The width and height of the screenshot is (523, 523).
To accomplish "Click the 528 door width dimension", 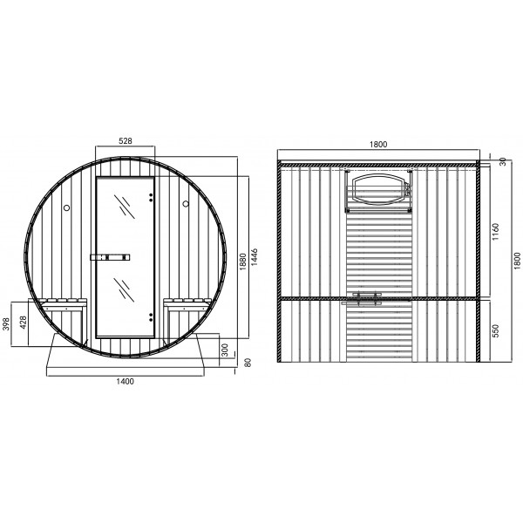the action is [x=126, y=141].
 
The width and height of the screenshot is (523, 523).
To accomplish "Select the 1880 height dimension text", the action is [x=243, y=261].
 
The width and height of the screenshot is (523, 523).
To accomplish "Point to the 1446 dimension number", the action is [x=255, y=257].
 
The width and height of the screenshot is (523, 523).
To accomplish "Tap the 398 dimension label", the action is [x=6, y=324].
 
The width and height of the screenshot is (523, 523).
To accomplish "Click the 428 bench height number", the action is [x=23, y=323].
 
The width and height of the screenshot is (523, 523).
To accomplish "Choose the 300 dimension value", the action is [x=225, y=350].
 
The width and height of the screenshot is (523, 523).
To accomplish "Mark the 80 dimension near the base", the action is [x=248, y=363].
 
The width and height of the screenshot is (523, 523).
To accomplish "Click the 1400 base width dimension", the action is [x=125, y=381].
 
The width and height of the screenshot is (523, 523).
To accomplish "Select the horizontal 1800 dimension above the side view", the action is [x=378, y=144].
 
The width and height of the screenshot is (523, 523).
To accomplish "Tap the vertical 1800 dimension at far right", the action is [x=517, y=261].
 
